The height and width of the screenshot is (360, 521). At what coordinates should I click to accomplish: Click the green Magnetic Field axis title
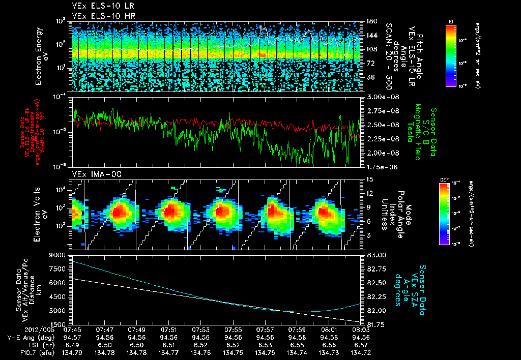[417, 132]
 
